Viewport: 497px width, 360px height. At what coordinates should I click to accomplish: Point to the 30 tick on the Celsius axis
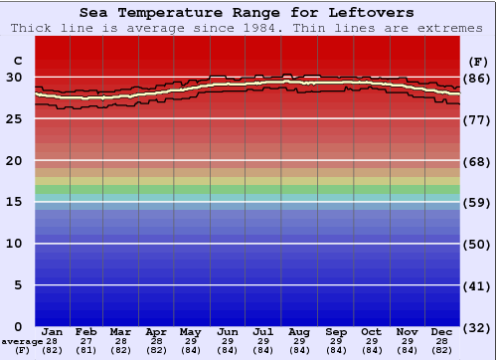coord(15,77)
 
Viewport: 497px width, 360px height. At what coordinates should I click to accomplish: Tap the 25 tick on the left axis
coord(15,118)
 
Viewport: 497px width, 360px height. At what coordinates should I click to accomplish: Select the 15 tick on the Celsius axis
coord(15,202)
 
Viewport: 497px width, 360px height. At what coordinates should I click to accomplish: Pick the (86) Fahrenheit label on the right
coord(478,78)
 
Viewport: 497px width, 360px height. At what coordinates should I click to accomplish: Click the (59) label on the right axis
coord(478,203)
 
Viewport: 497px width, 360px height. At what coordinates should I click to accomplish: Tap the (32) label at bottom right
coord(478,328)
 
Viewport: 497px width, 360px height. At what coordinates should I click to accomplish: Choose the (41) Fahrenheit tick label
coord(478,286)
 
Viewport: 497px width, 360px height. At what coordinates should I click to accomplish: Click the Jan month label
coord(53,331)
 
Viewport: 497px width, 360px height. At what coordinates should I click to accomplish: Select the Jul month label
coord(263,331)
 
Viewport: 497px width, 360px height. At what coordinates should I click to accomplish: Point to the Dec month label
coord(442,331)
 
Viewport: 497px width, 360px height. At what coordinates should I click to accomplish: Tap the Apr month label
coord(156,331)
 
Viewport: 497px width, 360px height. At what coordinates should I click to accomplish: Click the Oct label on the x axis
coord(371,331)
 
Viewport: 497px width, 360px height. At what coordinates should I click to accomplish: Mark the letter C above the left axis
coord(15,60)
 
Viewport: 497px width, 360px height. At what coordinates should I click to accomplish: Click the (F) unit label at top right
coord(478,60)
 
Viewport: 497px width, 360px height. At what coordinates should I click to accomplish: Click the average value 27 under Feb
coord(86,341)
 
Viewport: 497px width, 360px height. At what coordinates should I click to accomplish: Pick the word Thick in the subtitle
coord(32,28)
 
